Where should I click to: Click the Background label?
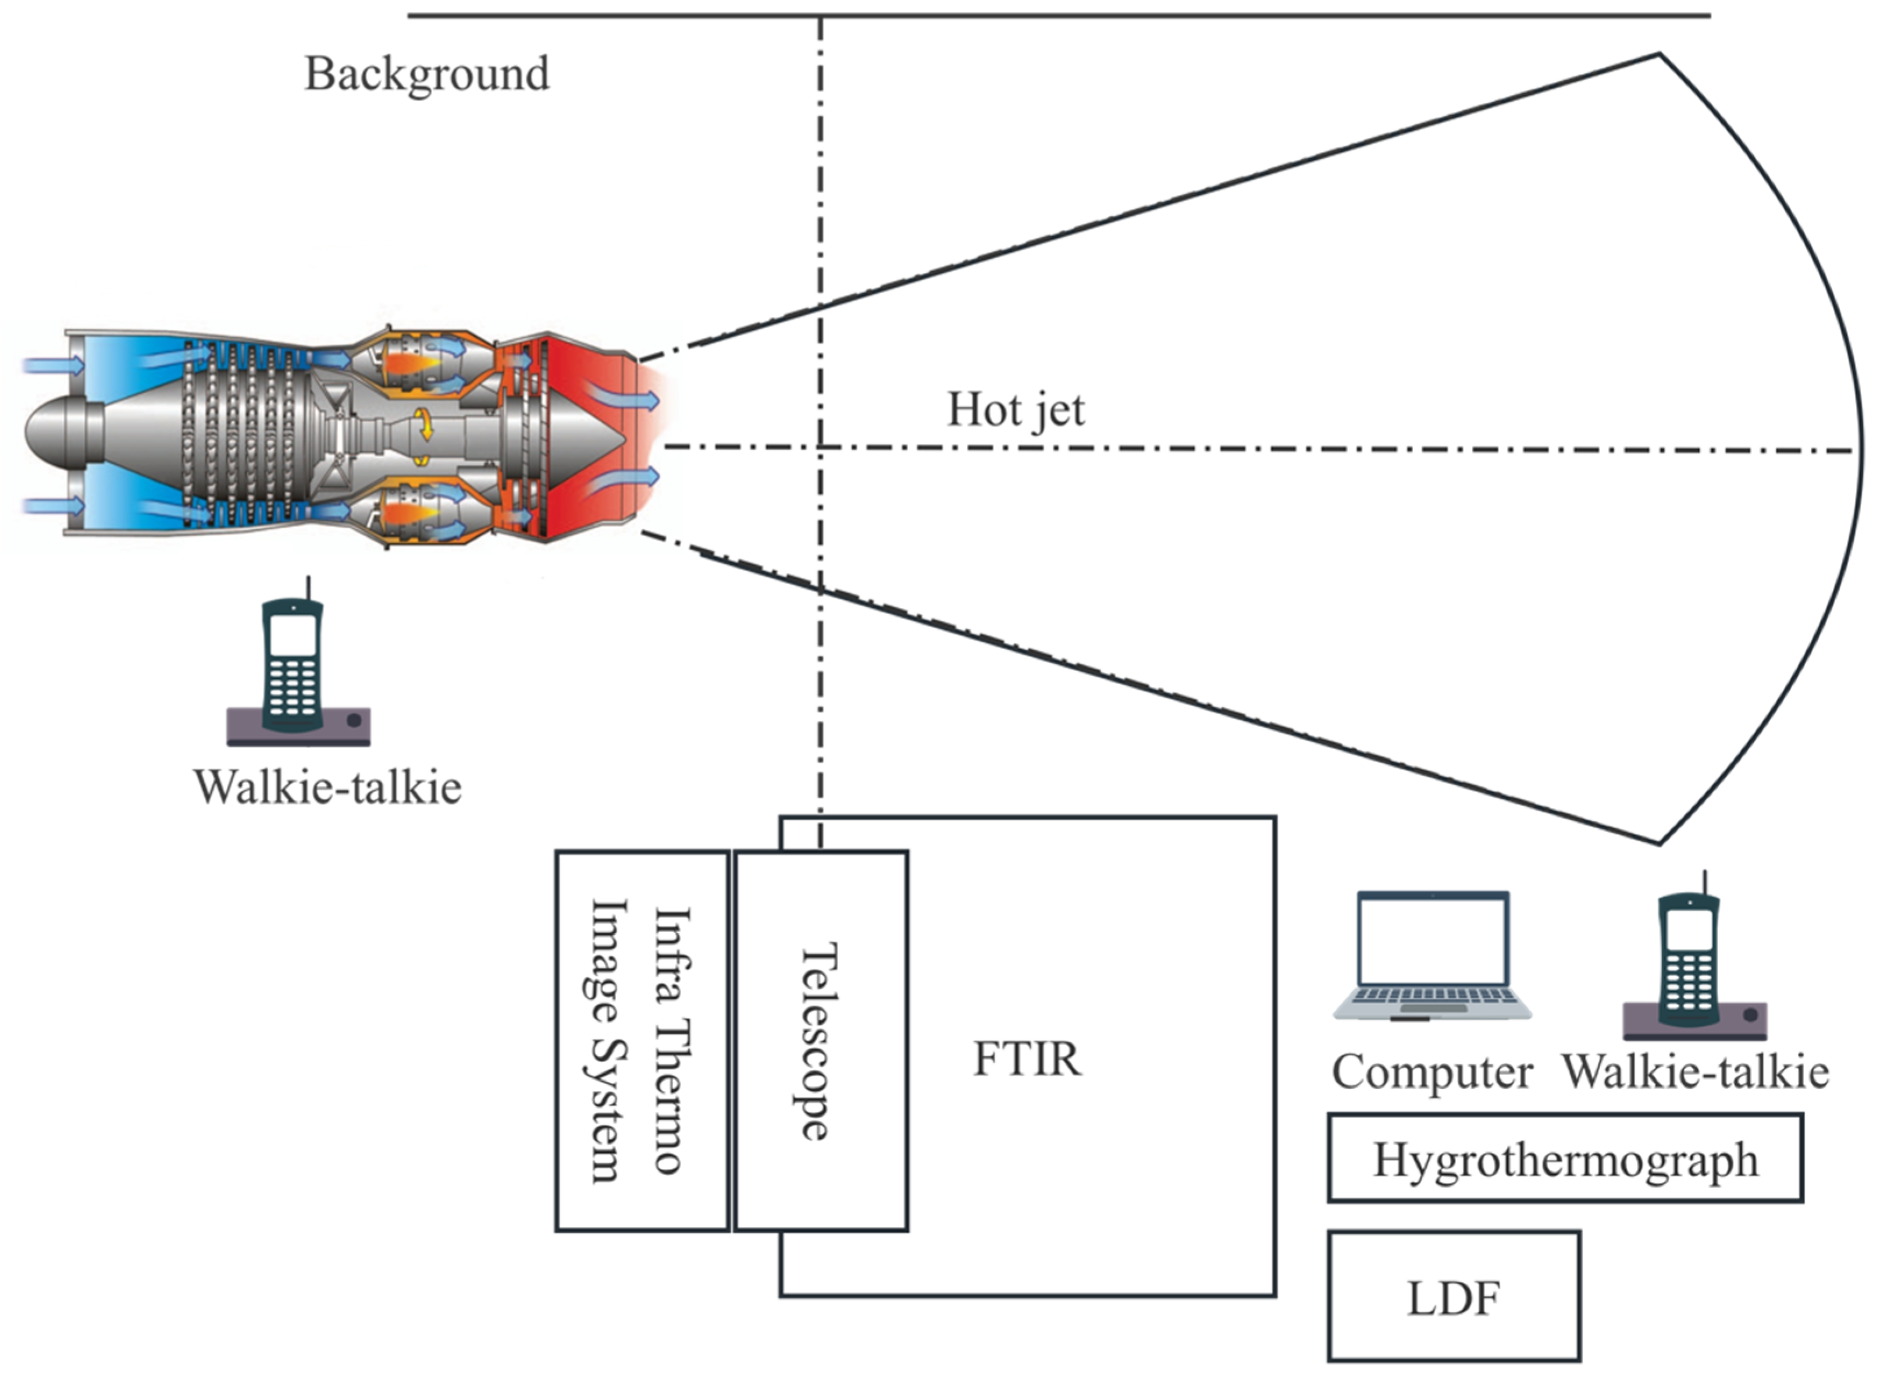point(426,75)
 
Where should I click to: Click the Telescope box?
point(821,1041)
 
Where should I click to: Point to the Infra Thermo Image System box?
point(642,1041)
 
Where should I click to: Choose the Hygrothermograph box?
point(1565,1159)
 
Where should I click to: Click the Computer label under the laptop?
point(1431,1072)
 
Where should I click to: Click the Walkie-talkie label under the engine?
point(327,787)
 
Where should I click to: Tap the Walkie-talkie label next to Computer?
point(1694,1072)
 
